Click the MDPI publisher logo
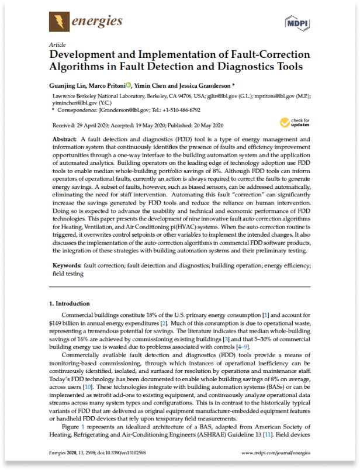[297, 23]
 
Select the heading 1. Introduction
[69, 304]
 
